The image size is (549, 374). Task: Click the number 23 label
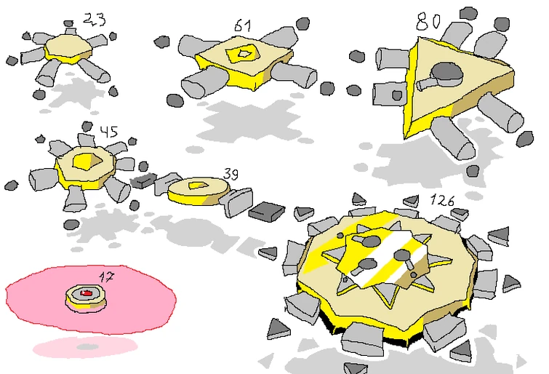tap(95, 19)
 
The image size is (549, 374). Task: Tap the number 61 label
tap(243, 25)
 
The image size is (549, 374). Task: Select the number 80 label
tap(428, 21)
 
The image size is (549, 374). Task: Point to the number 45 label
tap(109, 132)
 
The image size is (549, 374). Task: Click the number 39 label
tap(231, 173)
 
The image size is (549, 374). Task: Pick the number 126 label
tap(442, 200)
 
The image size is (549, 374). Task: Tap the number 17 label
tap(106, 277)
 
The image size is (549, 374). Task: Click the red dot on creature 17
tap(86, 293)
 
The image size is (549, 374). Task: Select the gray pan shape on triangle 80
tap(442, 76)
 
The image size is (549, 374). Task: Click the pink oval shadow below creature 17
tap(85, 347)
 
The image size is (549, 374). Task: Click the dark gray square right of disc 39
tap(267, 211)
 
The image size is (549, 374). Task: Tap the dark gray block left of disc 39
tap(143, 180)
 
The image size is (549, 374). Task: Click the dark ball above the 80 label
tap(468, 14)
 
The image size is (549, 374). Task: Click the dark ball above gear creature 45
tap(87, 126)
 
